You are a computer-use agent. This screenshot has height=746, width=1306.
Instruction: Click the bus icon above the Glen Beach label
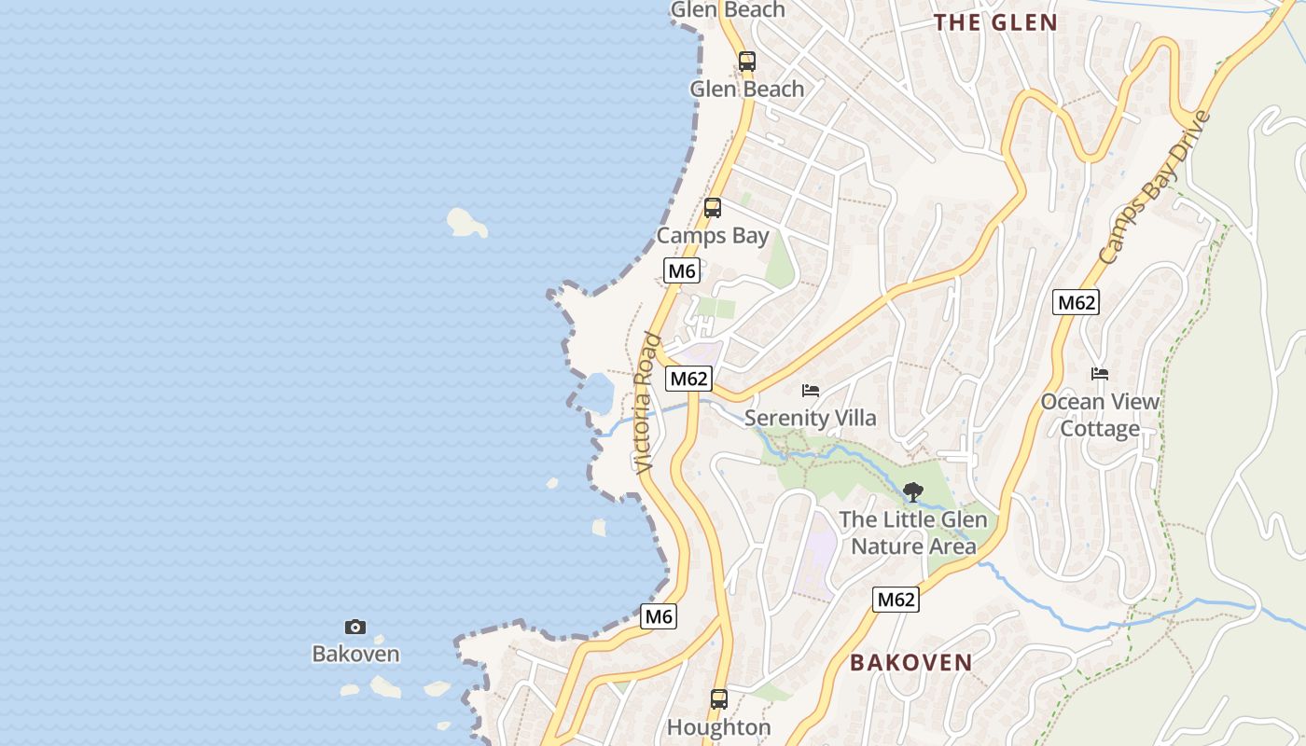747,62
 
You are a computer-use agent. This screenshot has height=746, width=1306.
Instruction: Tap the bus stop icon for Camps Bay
713,208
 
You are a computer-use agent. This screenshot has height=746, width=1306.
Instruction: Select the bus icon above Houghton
719,698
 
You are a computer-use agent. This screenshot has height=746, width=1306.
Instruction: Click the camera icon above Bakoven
355,627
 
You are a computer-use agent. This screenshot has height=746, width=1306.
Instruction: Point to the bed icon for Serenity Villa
811,390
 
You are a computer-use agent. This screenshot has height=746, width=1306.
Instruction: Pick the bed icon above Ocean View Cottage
1100,374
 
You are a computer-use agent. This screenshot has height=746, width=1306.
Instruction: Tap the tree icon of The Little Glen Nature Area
913,491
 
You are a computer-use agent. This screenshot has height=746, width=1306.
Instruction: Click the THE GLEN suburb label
995,22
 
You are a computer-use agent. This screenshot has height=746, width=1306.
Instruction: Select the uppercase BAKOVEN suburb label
910,662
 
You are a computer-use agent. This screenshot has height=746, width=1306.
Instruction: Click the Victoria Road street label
646,402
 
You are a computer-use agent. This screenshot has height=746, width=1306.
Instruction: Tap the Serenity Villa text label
811,418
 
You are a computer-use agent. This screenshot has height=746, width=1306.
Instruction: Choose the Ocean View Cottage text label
1100,415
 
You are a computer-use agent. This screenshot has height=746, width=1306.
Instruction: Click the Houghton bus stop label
718,727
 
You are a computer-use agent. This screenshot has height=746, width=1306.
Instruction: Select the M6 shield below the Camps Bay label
682,270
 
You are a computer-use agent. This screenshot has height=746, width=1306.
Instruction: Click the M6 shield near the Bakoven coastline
659,616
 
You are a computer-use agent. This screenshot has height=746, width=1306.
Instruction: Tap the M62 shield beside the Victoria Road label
688,378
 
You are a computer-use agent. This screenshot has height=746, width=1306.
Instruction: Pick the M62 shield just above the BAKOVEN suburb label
896,600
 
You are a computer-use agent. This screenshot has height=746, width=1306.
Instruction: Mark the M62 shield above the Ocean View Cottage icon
1076,302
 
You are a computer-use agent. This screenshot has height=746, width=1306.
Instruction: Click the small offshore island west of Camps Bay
465,222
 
